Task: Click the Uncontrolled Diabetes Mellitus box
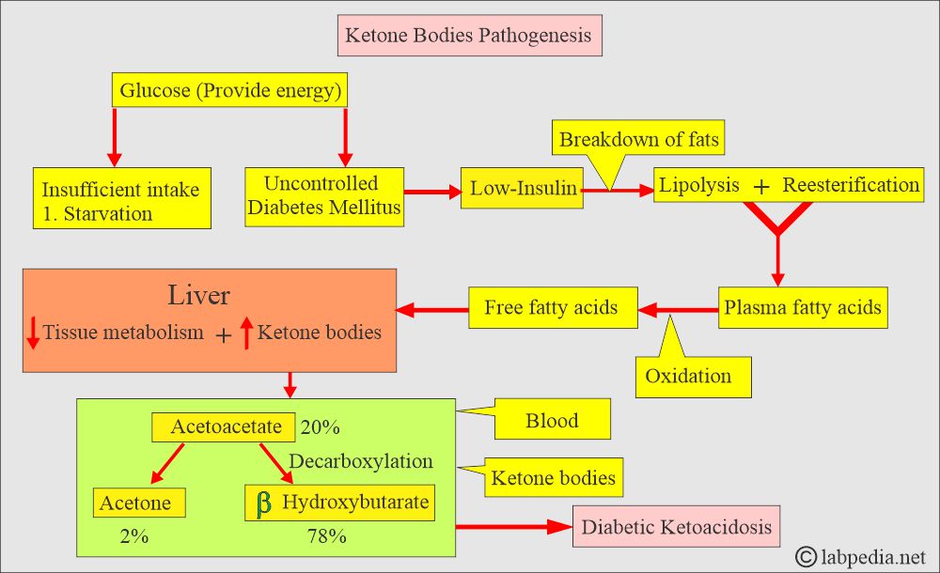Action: (x=324, y=196)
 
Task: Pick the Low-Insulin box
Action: (x=524, y=189)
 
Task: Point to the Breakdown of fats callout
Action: (x=639, y=141)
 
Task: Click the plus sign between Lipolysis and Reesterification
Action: (x=761, y=186)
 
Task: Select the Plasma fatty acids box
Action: (x=802, y=307)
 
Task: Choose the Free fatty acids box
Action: (x=552, y=307)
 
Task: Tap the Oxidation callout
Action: (x=688, y=377)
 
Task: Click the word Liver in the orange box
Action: (x=198, y=295)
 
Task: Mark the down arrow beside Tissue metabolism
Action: (x=33, y=333)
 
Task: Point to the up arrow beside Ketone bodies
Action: (x=247, y=333)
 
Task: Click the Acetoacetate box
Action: (x=226, y=427)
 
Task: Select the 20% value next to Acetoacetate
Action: (x=320, y=428)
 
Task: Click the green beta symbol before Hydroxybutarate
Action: (x=264, y=503)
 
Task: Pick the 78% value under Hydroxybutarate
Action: (x=327, y=537)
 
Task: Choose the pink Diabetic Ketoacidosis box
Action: (x=676, y=527)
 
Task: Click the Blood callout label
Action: (x=553, y=420)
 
